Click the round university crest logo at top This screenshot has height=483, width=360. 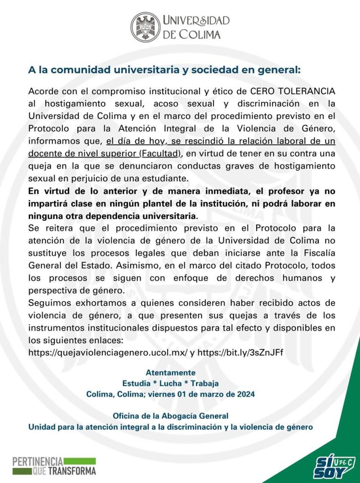click(146, 27)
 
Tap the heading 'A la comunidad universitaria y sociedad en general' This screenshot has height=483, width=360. click(164, 70)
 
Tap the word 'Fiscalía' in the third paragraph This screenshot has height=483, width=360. click(318, 253)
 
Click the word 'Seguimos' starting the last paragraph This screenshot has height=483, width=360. click(46, 302)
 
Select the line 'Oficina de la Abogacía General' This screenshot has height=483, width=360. click(170, 416)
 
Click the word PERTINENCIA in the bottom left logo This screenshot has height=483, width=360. click(38, 461)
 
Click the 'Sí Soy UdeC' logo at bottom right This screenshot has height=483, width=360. click(334, 466)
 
